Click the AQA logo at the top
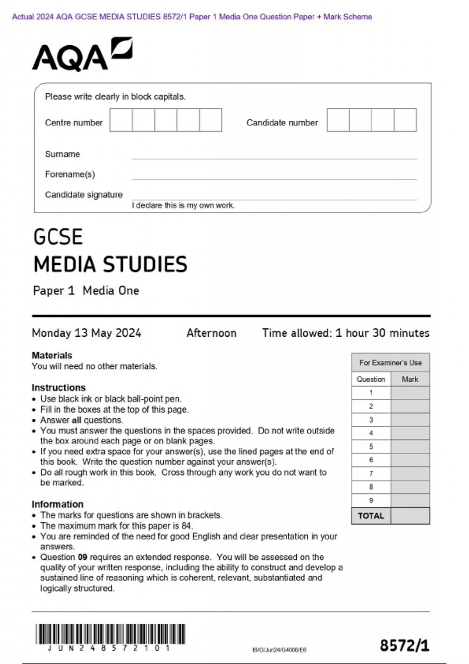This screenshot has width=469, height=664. [x=82, y=55]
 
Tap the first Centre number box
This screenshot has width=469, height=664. [x=121, y=120]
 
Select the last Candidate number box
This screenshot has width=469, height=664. [x=405, y=120]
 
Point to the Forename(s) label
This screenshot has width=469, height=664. [x=70, y=174]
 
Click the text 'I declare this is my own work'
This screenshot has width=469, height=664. [x=183, y=205]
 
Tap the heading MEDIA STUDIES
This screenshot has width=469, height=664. [x=110, y=264]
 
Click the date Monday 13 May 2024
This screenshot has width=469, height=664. [x=86, y=333]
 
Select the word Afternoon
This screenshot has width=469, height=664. [x=211, y=333]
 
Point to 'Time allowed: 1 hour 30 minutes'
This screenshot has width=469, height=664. [x=345, y=333]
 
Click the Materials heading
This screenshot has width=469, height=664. [x=52, y=355]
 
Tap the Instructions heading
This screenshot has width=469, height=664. [x=59, y=387]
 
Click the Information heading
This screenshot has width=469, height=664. [x=57, y=504]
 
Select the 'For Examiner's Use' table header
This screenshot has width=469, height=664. [x=390, y=362]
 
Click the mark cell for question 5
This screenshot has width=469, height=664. [x=410, y=446]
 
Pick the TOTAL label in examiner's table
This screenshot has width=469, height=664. [x=371, y=516]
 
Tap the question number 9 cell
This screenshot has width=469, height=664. [x=371, y=500]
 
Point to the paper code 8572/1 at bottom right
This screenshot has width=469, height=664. [x=405, y=645]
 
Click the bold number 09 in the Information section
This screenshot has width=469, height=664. [x=82, y=557]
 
